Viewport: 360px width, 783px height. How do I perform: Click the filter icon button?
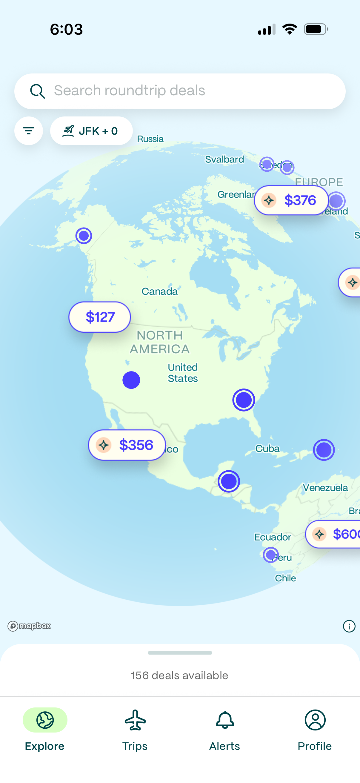coord(29,131)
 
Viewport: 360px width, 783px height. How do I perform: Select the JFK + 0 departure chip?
coord(91,131)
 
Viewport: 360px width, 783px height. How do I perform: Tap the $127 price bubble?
coord(100,317)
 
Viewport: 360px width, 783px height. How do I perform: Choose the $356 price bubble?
coord(127,445)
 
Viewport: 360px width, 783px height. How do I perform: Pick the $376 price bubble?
coord(291,200)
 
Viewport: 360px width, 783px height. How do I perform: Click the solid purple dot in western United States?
coord(131,380)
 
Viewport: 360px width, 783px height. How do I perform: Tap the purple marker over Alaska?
coord(84,236)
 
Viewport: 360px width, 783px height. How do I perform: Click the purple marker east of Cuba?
coord(324,450)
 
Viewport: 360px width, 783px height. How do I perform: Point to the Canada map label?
coord(159,291)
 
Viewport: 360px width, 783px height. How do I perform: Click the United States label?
coord(183,373)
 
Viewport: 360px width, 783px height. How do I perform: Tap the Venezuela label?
coord(325,488)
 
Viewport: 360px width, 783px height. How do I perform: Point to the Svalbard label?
coord(224,159)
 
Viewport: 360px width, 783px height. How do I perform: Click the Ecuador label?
coord(273,537)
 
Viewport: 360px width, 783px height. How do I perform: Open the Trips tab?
coord(135,730)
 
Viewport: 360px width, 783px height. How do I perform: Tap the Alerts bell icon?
coord(225,720)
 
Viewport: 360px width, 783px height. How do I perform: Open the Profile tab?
coord(315,730)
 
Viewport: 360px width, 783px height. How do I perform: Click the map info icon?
coord(349,626)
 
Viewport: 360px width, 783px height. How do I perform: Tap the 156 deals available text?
coord(179,675)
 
